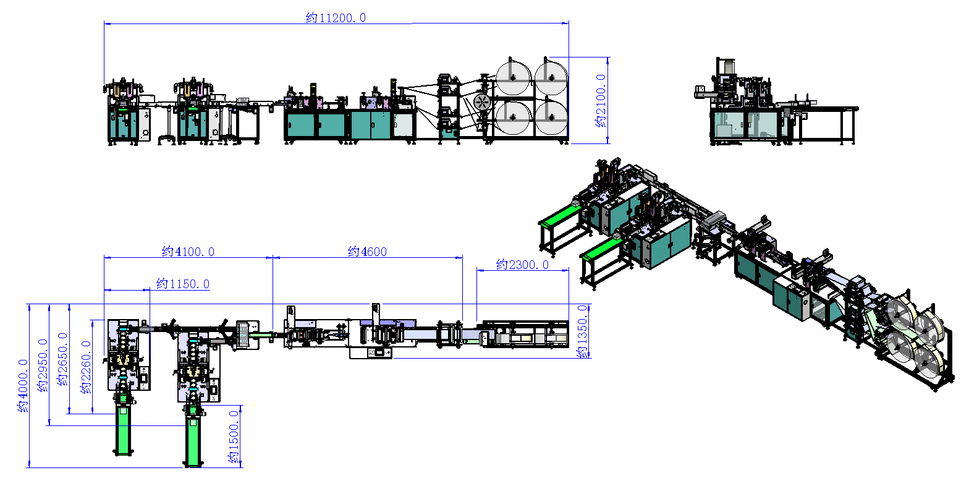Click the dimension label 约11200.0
[x=336, y=18]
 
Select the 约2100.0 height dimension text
[x=601, y=100]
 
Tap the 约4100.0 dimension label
[x=188, y=252]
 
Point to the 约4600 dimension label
[x=367, y=252]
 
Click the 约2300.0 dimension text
[x=522, y=265]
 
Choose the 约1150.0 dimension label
[x=182, y=284]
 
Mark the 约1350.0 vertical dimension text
[x=582, y=331]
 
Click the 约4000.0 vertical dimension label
[x=23, y=386]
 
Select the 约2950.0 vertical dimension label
[x=43, y=365]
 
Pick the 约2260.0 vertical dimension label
[x=86, y=367]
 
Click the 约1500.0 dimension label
[x=234, y=437]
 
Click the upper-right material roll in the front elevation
[x=551, y=77]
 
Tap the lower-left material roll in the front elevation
[x=513, y=117]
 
